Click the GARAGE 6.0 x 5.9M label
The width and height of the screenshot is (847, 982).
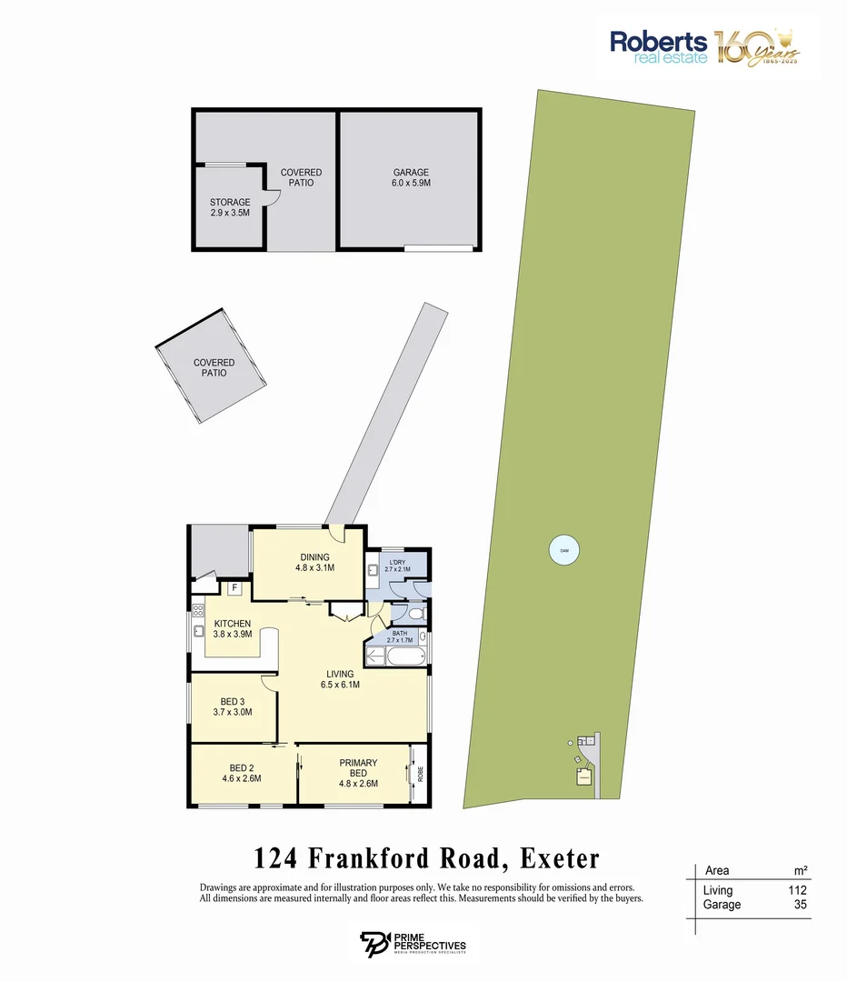[411, 177]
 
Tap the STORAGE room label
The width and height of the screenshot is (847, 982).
[230, 207]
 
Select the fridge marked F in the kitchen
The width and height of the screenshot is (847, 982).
[234, 588]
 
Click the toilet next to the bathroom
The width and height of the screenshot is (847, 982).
[415, 615]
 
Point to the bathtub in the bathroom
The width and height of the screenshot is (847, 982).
[393, 656]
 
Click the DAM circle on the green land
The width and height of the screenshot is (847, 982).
[564, 550]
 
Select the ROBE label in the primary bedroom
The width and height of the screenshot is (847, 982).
[420, 774]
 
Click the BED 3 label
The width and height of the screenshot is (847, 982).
[233, 706]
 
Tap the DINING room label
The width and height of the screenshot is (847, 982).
[314, 563]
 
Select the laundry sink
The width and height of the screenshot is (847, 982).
[374, 571]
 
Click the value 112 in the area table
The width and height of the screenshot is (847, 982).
[796, 890]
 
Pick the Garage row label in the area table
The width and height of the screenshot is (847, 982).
[722, 905]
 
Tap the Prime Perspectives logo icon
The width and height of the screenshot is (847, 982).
[373, 943]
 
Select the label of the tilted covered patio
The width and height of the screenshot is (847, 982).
[214, 368]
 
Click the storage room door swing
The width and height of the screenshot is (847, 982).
[271, 197]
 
